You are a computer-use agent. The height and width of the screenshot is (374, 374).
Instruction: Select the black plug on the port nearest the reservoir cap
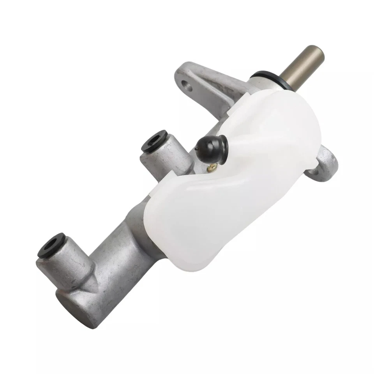click(155, 141)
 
